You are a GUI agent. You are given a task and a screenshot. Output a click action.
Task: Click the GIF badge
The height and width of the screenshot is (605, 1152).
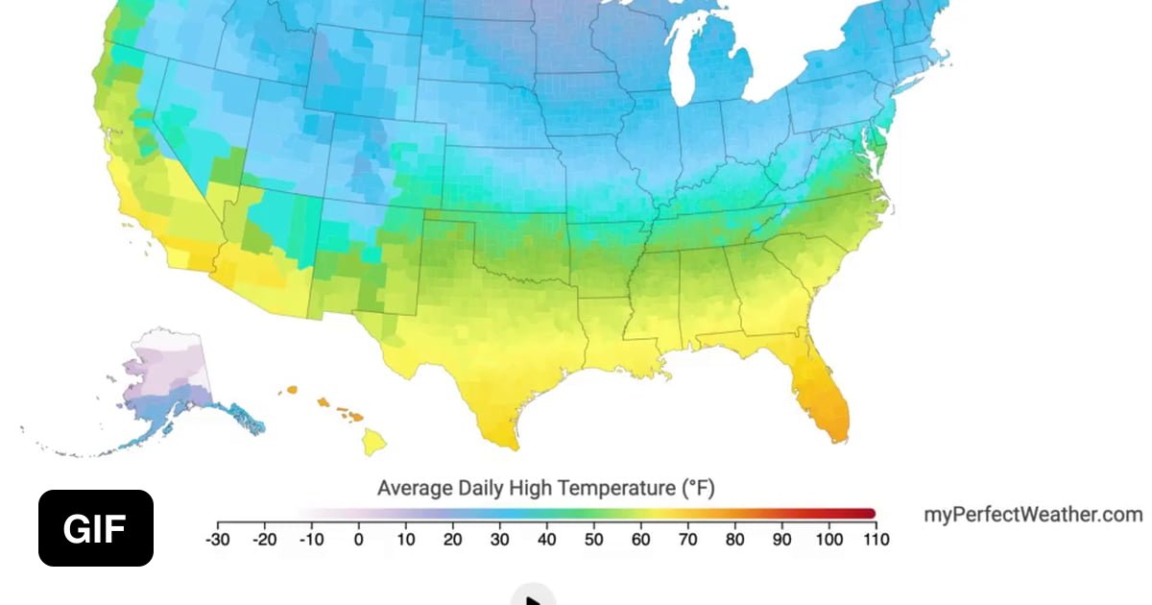(96, 528)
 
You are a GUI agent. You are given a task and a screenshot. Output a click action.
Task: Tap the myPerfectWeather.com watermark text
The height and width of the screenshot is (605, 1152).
(1033, 515)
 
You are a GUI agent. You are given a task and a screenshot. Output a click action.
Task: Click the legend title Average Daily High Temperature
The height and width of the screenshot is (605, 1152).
(545, 488)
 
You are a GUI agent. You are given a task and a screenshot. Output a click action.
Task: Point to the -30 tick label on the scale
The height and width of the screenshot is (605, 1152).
(218, 540)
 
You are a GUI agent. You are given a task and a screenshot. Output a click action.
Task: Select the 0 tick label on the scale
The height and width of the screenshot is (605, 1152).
(358, 540)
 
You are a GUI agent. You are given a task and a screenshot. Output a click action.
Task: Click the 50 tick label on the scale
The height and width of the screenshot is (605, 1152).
(593, 540)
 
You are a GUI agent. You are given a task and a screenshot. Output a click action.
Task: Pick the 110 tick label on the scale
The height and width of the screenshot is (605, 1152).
(875, 540)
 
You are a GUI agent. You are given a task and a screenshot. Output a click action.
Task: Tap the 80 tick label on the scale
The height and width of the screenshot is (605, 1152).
(734, 540)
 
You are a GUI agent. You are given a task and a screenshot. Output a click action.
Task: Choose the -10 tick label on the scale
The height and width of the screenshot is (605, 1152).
(311, 540)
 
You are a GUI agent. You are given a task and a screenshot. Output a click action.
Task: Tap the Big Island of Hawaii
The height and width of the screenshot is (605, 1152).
(374, 442)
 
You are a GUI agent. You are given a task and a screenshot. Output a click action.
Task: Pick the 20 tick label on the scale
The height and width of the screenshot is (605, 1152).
(452, 540)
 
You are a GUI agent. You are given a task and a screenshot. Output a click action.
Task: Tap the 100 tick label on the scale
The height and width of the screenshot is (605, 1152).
(828, 540)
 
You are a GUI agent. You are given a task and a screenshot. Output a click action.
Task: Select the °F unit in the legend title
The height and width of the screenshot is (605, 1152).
(698, 488)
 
